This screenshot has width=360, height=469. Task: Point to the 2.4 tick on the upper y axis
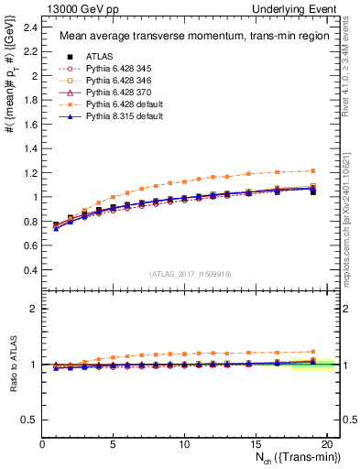[30, 28]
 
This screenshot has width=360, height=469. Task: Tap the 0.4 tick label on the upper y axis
[30, 269]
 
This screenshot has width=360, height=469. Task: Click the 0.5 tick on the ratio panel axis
[30, 420]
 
